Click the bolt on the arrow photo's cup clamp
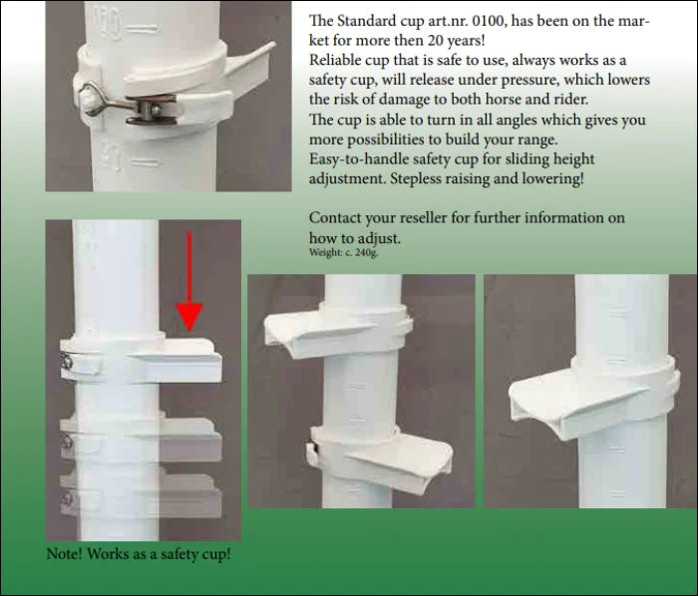pyautogui.click(x=66, y=361)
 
